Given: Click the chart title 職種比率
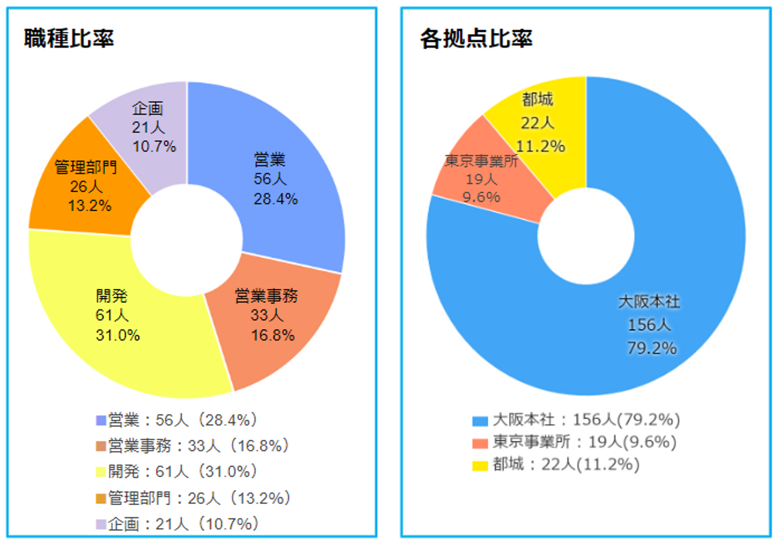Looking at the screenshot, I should [x=69, y=38].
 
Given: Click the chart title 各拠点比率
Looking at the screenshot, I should [x=476, y=38].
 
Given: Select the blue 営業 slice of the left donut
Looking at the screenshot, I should [x=292, y=179].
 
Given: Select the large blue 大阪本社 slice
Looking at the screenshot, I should [x=650, y=325].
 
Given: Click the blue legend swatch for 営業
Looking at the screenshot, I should [x=101, y=420].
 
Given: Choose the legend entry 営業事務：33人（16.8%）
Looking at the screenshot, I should [x=198, y=446].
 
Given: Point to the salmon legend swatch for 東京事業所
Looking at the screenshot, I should [x=480, y=443].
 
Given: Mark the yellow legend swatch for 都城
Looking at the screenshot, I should [x=480, y=466].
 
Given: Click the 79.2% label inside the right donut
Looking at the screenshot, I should [x=652, y=348].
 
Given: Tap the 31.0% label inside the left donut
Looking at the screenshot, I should [x=118, y=335].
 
